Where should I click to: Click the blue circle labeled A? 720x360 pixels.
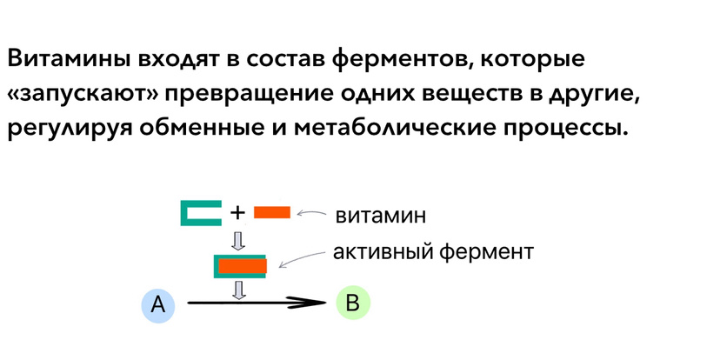click(157, 303)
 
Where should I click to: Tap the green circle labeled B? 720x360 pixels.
click(352, 303)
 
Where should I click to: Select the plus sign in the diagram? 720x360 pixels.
click(237, 212)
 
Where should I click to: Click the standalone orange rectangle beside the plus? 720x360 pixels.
click(271, 212)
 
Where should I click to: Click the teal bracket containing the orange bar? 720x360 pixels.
click(239, 265)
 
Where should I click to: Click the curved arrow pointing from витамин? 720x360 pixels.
click(311, 212)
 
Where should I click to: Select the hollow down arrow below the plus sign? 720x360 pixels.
click(239, 238)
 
